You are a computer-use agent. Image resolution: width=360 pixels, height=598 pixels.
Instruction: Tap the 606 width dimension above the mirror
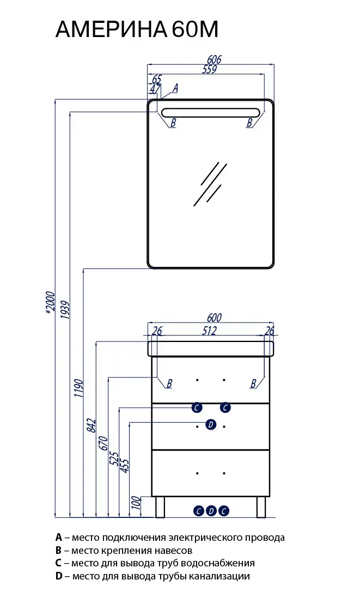[214, 59]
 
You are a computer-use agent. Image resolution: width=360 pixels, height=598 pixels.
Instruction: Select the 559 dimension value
[209, 69]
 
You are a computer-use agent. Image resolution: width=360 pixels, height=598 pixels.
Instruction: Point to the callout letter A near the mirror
[175, 88]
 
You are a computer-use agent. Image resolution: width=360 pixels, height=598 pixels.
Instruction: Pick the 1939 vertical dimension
[65, 310]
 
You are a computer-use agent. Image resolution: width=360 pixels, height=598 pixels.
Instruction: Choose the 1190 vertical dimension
[78, 388]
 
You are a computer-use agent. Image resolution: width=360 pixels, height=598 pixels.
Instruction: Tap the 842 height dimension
[91, 425]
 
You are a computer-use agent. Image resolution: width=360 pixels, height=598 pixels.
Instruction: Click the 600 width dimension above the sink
[214, 318]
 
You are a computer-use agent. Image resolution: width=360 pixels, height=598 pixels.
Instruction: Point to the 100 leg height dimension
[136, 503]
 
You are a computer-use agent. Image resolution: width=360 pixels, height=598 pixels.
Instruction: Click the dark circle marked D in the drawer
[211, 424]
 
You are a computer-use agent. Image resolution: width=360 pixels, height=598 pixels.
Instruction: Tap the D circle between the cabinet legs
[211, 511]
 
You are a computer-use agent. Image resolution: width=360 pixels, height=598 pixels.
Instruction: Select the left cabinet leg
[160, 507]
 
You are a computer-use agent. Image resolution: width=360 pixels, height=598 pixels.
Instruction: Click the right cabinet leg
[261, 507]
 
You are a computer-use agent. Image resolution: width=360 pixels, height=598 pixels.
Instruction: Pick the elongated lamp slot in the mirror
[211, 113]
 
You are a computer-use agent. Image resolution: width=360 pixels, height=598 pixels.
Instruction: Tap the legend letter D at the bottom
[59, 576]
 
